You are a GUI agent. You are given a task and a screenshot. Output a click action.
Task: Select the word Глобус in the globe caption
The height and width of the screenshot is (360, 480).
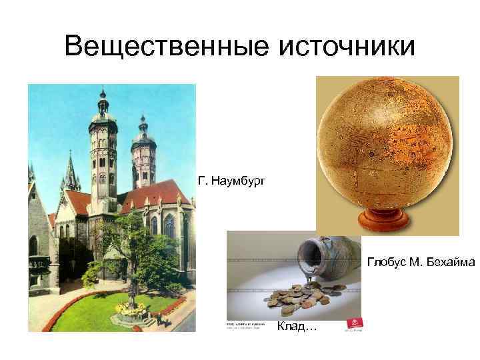click(385, 261)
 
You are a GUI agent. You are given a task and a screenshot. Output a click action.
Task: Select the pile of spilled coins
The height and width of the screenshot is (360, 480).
click(300, 297)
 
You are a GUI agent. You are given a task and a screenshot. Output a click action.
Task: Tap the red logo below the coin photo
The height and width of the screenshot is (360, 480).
click(351, 325)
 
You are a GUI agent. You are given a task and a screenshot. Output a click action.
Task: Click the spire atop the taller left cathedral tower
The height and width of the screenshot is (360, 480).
click(102, 100)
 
